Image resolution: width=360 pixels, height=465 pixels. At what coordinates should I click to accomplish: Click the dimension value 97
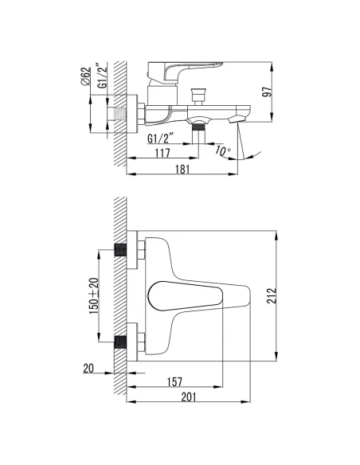[267, 92]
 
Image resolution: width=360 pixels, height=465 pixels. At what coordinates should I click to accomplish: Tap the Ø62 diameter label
[85, 76]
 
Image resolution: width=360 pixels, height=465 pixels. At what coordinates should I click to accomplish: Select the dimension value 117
[162, 153]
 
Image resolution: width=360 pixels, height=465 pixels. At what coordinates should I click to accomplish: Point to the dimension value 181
[182, 170]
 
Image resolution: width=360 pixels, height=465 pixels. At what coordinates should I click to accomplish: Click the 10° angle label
[222, 150]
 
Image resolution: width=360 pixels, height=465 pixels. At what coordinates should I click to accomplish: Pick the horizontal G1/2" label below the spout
[160, 139]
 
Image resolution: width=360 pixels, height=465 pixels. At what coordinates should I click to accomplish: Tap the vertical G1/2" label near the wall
[102, 76]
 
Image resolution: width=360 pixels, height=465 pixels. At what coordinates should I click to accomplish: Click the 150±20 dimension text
[94, 296]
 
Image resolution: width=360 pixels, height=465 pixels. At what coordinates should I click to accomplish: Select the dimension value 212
[272, 295]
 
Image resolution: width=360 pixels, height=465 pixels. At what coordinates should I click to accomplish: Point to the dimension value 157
[174, 382]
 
